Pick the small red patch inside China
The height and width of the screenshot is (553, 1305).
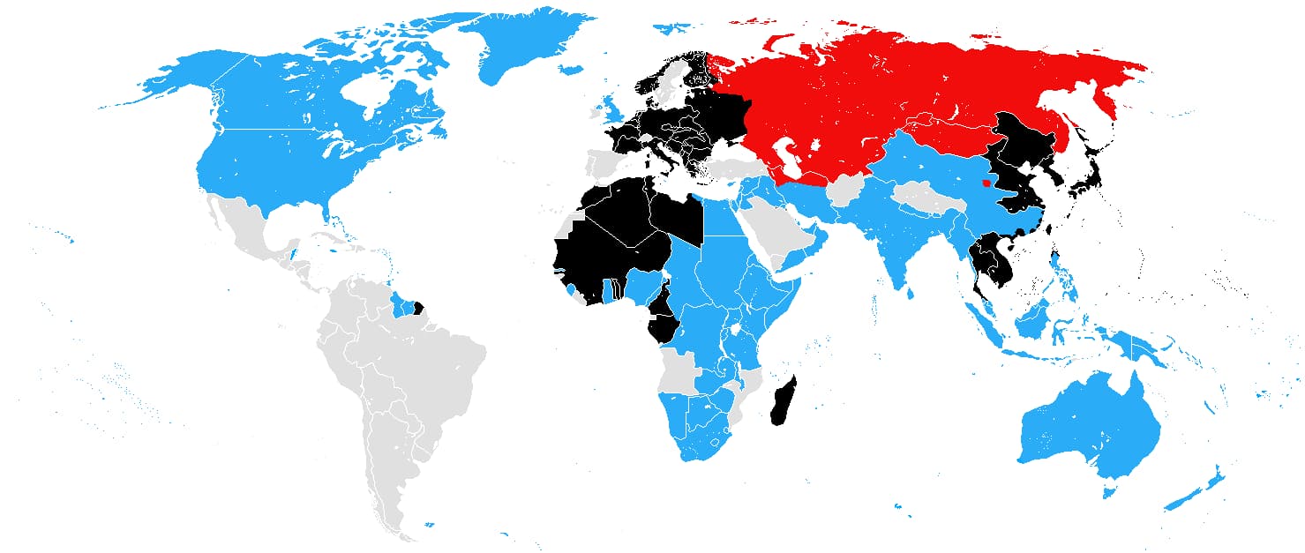pos(986,183)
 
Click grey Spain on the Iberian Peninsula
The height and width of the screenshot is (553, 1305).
pos(605,164)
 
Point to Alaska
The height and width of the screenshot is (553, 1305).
pos(176,79)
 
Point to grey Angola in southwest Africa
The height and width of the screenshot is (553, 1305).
pos(679,370)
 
